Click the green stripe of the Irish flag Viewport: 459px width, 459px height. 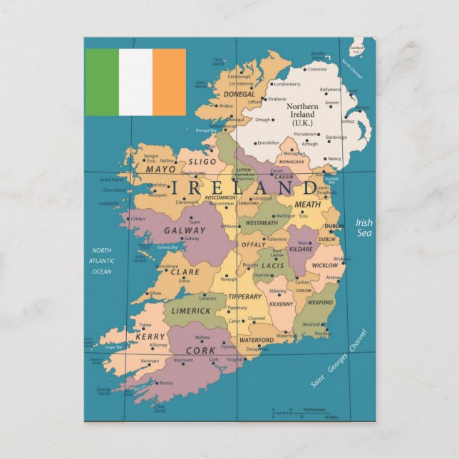pos(102,82)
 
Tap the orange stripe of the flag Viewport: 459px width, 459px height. pos(169,82)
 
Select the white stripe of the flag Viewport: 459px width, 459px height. pos(135,82)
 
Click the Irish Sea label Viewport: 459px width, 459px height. pos(363,227)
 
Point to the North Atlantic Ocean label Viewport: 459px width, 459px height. pos(101,260)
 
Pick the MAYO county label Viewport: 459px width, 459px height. pos(160,170)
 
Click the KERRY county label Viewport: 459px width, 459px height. pos(150,336)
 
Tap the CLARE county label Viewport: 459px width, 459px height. pos(185,272)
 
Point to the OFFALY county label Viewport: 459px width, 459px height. pos(253,244)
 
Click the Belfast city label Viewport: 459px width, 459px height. pos(347,121)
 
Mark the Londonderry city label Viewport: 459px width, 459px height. pos(287,83)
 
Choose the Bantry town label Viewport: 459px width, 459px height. pos(165,383)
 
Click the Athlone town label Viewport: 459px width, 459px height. pos(229,227)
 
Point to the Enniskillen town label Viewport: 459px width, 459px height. pos(268,142)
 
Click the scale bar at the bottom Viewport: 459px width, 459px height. pos(299,413)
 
